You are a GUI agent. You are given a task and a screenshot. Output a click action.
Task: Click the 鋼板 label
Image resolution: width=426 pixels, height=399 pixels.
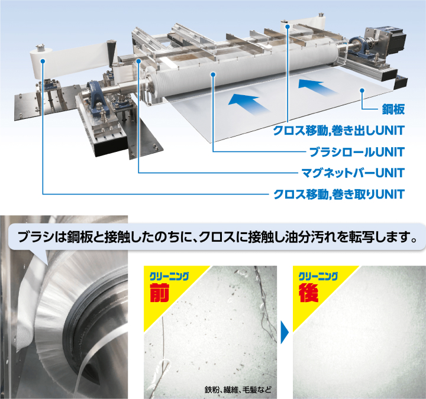tap(392, 110)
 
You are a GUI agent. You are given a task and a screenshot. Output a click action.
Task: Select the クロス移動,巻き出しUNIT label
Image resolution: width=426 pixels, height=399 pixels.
tap(338, 131)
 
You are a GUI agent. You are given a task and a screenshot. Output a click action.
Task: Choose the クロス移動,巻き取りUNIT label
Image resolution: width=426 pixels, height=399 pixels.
tap(338, 194)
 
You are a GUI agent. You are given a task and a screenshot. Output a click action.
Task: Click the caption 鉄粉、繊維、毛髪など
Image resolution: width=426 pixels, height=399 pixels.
tap(236, 390)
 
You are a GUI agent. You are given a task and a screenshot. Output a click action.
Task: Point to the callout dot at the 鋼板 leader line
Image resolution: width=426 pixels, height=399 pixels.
tap(363, 90)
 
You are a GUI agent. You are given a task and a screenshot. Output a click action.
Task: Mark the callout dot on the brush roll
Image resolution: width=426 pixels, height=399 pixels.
tap(214, 74)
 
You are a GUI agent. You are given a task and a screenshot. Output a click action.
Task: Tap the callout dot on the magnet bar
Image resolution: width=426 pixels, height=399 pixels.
tap(138, 60)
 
